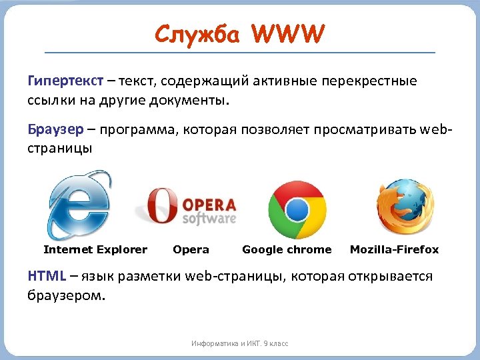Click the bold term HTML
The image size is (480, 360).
tap(45, 275)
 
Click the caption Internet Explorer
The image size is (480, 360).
tap(95, 249)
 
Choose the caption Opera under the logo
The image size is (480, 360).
tap(191, 249)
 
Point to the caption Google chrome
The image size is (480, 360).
tap(287, 249)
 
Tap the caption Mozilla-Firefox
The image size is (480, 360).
tap(395, 249)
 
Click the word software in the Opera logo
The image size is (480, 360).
tap(209, 219)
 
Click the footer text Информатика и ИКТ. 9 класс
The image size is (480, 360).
tap(240, 343)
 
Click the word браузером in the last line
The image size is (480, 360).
tap(66, 295)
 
